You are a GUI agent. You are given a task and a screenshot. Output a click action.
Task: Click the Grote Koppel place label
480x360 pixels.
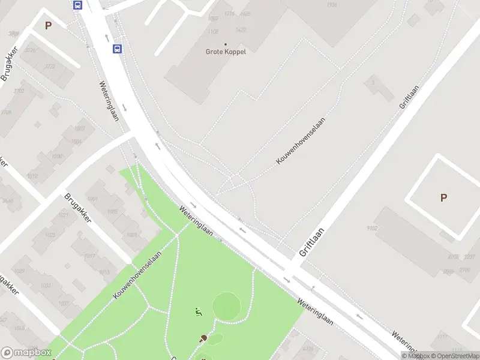(226, 51)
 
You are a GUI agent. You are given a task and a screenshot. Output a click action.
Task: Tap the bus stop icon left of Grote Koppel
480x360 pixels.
(117, 49)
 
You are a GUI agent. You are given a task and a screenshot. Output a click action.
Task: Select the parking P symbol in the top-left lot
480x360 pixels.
(48, 26)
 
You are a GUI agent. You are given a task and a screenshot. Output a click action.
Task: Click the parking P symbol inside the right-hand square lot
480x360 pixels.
(443, 197)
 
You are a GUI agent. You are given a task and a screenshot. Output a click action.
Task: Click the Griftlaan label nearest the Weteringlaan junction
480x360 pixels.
(312, 241)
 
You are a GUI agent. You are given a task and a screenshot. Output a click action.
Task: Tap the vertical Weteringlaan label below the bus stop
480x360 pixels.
(109, 101)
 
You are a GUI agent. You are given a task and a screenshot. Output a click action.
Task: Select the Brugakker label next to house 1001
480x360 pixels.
(77, 208)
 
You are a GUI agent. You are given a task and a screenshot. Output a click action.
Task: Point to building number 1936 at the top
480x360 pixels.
(332, 5)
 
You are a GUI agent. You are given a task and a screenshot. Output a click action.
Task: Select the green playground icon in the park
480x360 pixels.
(198, 311)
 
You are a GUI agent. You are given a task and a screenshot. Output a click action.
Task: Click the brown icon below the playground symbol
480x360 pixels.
(203, 338)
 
